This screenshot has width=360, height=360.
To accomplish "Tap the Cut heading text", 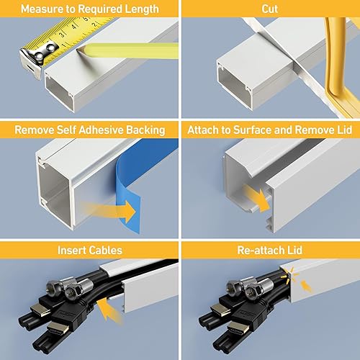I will [x=270, y=9].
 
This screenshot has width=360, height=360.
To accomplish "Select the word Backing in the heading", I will [x=142, y=130].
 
